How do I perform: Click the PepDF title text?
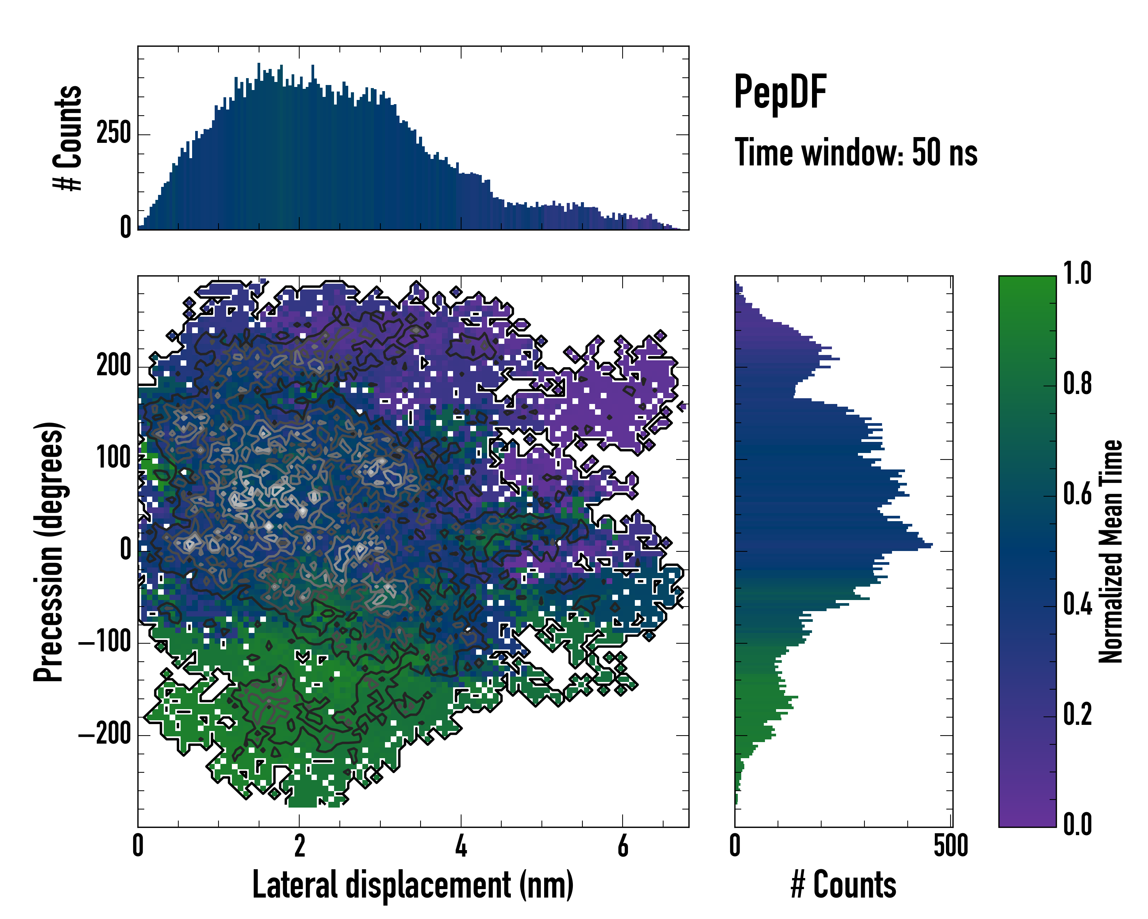pyautogui.click(x=780, y=92)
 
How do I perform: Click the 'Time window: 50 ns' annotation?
pyautogui.click(x=856, y=152)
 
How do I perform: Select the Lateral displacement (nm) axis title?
pyautogui.click(x=413, y=885)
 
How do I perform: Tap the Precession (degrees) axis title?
pyautogui.click(x=49, y=551)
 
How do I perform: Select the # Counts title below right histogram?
pyautogui.click(x=843, y=885)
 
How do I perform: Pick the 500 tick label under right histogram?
pyautogui.click(x=951, y=846)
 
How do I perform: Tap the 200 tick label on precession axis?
pyautogui.click(x=113, y=366)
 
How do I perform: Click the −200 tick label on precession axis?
pyautogui.click(x=105, y=735)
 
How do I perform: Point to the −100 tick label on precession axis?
pyautogui.click(x=105, y=643)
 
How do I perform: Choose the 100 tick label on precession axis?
pyautogui.click(x=113, y=458)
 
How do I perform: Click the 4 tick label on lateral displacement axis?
pyautogui.click(x=461, y=846)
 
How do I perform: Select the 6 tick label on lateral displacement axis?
pyautogui.click(x=623, y=846)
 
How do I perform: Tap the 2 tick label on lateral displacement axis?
pyautogui.click(x=300, y=846)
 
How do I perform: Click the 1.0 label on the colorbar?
pyautogui.click(x=1078, y=274)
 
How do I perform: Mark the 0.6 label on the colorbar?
pyautogui.click(x=1078, y=494)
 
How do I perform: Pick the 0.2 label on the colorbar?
pyautogui.click(x=1078, y=715)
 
